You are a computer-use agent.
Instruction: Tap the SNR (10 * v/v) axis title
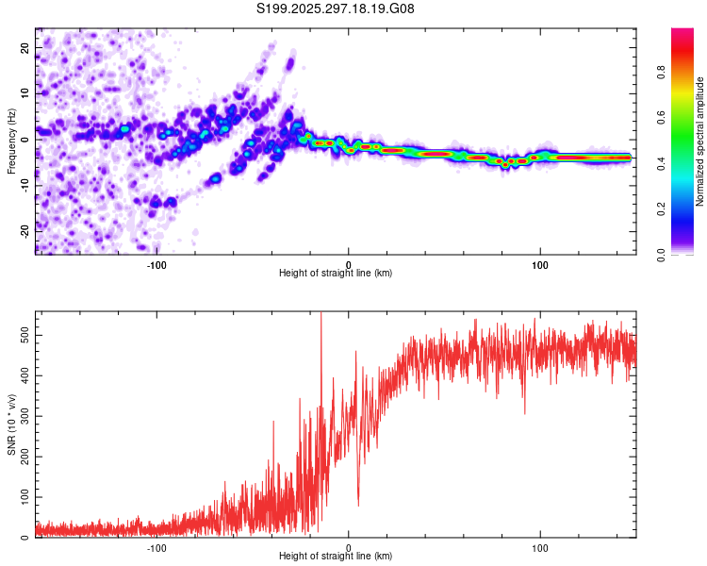pos(12,424)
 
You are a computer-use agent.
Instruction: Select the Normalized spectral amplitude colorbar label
pos(700,141)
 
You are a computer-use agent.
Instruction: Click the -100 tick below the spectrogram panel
pos(156,265)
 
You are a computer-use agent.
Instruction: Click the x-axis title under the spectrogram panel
pos(336,274)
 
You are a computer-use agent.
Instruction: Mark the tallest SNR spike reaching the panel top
pos(321,315)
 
